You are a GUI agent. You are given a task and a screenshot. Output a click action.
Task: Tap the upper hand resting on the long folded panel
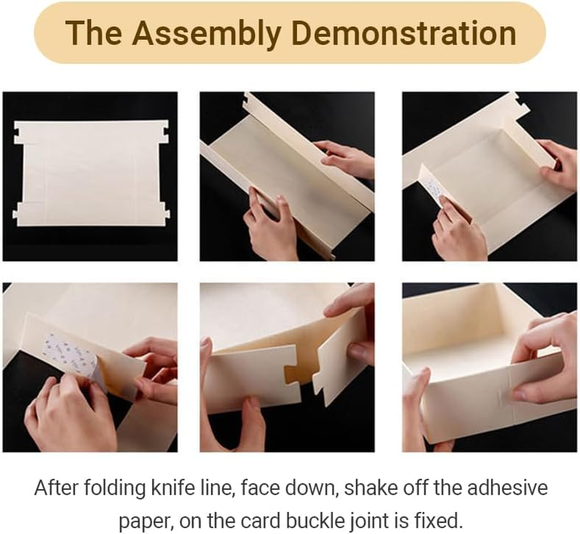pyautogui.click(x=347, y=158)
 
